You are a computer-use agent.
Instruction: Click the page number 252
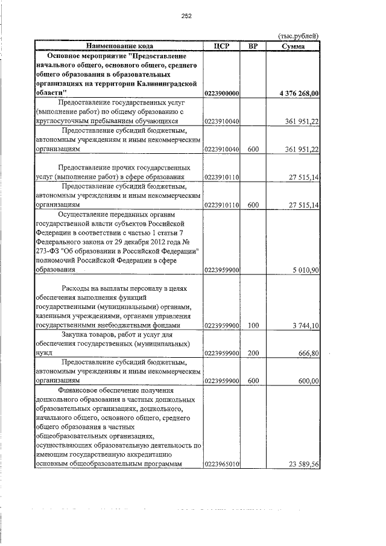coord(186,16)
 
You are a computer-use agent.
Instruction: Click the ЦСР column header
coord(222,46)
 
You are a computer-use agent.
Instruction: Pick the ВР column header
coord(253,46)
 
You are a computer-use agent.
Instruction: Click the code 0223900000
coord(223,94)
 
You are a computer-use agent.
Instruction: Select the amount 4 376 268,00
coord(299,94)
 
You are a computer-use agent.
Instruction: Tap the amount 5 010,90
coord(306,270)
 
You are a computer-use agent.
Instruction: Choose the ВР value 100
coord(253,326)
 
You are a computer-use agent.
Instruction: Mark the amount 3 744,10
coord(306,326)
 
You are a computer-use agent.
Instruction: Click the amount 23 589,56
coord(303,464)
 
